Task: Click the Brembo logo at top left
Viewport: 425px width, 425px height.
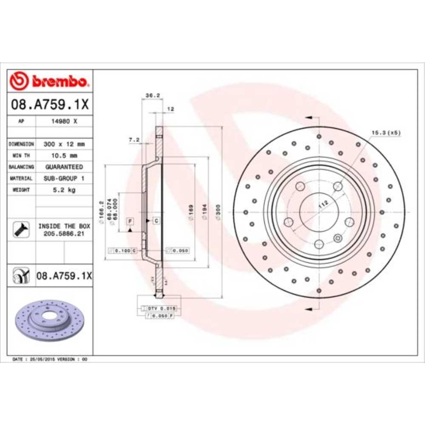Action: click(49, 80)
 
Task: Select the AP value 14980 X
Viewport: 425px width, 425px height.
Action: click(64, 121)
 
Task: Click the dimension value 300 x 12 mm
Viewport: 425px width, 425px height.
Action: click(64, 144)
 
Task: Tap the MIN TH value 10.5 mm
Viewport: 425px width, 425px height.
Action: click(64, 156)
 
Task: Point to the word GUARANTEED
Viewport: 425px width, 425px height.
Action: click(64, 167)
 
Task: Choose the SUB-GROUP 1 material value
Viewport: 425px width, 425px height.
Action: click(64, 178)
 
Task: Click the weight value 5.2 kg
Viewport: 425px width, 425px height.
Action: click(64, 190)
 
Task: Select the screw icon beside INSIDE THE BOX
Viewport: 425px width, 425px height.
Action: click(21, 229)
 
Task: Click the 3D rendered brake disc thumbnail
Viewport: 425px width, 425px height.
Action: click(50, 321)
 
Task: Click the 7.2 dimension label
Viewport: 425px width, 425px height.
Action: click(134, 139)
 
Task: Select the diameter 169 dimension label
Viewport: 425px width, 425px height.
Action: click(191, 212)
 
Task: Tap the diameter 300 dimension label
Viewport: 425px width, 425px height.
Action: click(218, 212)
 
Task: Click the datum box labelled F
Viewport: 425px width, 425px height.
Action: click(130, 221)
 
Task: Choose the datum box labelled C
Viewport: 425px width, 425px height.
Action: click(156, 220)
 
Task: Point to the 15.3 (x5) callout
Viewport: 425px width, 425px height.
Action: click(386, 133)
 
